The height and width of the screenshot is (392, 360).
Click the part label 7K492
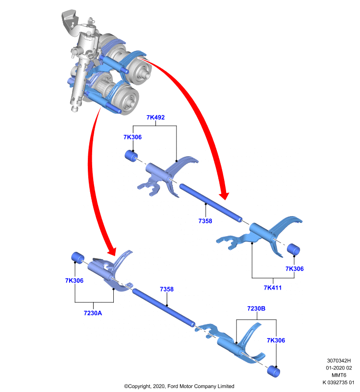155,117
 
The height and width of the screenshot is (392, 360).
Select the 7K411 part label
273,288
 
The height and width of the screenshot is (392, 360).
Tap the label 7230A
93,313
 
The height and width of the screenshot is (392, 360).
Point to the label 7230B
256,309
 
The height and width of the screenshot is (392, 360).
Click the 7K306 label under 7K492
132,137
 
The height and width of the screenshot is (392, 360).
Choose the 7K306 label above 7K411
294,269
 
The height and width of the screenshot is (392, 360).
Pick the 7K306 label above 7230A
74,280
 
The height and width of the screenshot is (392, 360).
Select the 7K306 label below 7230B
276,340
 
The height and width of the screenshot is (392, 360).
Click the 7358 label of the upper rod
205,221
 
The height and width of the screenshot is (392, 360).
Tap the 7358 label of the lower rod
167,289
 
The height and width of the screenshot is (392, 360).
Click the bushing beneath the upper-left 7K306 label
131,156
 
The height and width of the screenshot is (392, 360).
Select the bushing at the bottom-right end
274,371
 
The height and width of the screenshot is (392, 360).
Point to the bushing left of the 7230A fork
78,258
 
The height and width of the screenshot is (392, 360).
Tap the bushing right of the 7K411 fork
293,249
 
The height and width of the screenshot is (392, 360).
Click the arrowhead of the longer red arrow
224,196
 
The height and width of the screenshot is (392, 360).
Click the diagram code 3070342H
339,361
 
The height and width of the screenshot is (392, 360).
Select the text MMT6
339,375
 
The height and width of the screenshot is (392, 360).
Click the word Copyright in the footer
140,386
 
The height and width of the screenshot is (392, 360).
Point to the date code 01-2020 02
339,368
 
